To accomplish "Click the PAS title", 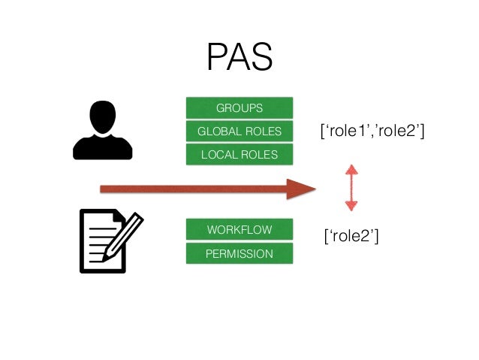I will coord(239,57).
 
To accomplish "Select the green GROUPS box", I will coord(239,108).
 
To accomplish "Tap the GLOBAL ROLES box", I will coord(239,132).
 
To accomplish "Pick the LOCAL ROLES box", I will coord(239,155).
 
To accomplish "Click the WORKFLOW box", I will coord(239,229).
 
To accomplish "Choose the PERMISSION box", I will coord(239,253).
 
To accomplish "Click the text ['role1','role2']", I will coord(372,132).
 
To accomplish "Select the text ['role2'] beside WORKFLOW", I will coord(349,237).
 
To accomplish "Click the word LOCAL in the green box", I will coord(217,155).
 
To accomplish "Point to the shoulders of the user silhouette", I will coord(102,147).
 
